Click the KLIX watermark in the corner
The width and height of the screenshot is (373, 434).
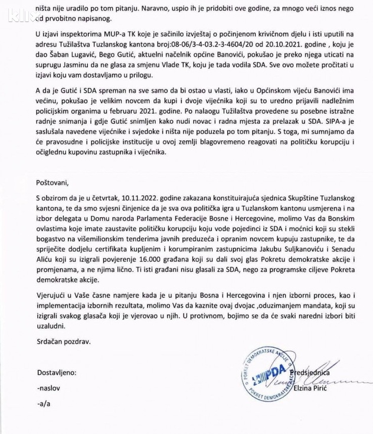pyautogui.click(x=17, y=10)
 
